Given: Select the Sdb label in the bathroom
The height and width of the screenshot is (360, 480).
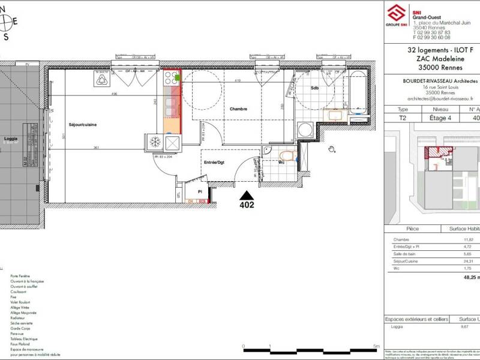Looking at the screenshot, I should [314, 88].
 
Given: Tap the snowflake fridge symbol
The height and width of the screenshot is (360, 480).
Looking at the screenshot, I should [154, 142].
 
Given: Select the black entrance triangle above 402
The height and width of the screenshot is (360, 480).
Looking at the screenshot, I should [246, 195].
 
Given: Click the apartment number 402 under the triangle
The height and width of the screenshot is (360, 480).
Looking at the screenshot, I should [246, 205].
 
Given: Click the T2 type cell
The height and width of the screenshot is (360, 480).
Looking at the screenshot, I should [403, 118].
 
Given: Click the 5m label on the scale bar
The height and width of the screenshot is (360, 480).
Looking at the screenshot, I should [375, 346].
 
